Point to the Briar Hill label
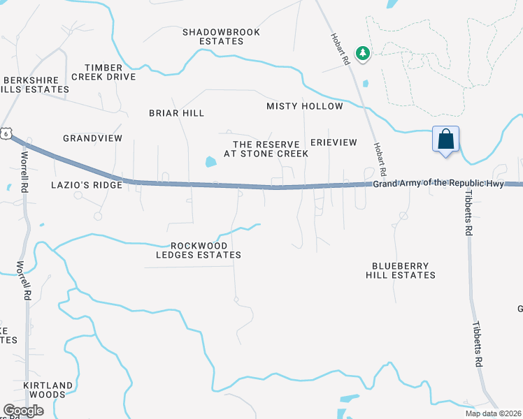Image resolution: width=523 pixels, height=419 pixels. pos(176,112)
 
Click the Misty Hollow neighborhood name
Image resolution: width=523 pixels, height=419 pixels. pos(305,106)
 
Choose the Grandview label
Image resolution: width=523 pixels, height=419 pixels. pos(92,138)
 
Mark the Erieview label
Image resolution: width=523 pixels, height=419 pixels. pos(334,142)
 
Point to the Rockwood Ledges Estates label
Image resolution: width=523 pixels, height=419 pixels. pos(198,250)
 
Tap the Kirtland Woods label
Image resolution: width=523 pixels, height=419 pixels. pos(48,390)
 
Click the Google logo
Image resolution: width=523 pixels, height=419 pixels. pos(23,411)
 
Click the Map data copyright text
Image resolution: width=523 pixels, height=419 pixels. pos(493,413)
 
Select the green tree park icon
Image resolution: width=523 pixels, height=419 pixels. pos(362,53)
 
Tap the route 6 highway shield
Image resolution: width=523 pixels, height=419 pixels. pos(6,133)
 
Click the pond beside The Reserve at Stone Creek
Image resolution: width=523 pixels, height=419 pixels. pos(210,163)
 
